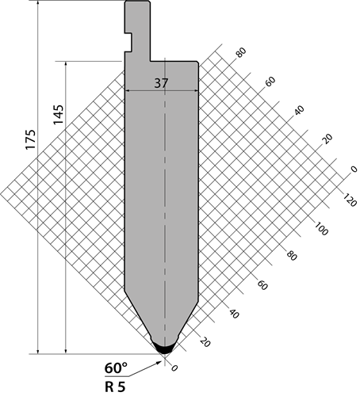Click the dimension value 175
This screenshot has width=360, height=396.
click(31, 139)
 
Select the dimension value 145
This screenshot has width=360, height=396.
click(59, 115)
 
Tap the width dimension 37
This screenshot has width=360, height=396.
click(161, 83)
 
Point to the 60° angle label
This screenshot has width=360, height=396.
click(116, 367)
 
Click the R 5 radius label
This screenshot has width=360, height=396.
click(115, 387)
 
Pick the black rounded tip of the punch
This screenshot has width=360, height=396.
click(164, 348)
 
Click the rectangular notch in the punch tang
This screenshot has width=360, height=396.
click(128, 42)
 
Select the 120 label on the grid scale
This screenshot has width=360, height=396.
click(350, 200)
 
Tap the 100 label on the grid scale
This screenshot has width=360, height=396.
click(321, 228)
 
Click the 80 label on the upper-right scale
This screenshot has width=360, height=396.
click(241, 52)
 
